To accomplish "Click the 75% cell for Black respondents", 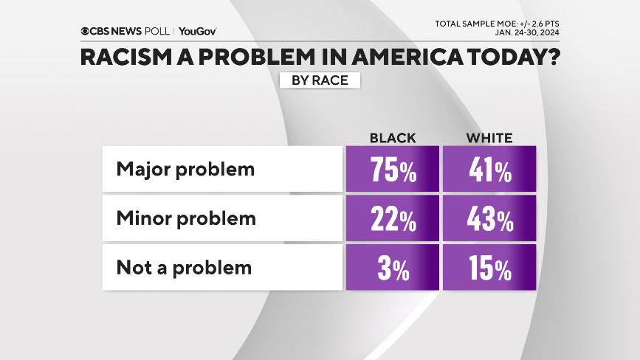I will pyautogui.click(x=392, y=169).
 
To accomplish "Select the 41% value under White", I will pyautogui.click(x=489, y=169).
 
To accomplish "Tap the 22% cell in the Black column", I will pyautogui.click(x=392, y=218).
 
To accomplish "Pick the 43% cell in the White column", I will pyautogui.click(x=489, y=218).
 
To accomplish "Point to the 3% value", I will pyautogui.click(x=392, y=267).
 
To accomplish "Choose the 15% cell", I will pyautogui.click(x=489, y=267).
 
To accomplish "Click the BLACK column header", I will pyautogui.click(x=393, y=138).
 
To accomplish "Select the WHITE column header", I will pyautogui.click(x=489, y=138).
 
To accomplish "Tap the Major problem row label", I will pyautogui.click(x=185, y=169).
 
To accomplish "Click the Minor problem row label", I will pyautogui.click(x=186, y=218).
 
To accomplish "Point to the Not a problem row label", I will pyautogui.click(x=184, y=267).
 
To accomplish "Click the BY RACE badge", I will pyautogui.click(x=320, y=80).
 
